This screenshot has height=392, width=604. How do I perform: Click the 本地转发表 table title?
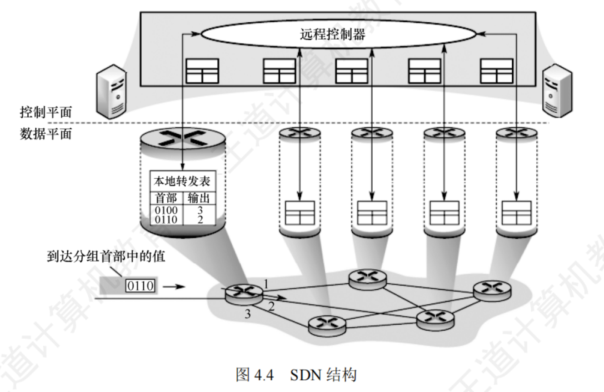182,181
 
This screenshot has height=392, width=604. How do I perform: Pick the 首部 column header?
166,198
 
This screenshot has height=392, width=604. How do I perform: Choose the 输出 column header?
199,198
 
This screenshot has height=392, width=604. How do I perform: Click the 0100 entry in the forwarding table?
166,210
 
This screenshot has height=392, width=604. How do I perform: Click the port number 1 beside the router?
266,284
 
